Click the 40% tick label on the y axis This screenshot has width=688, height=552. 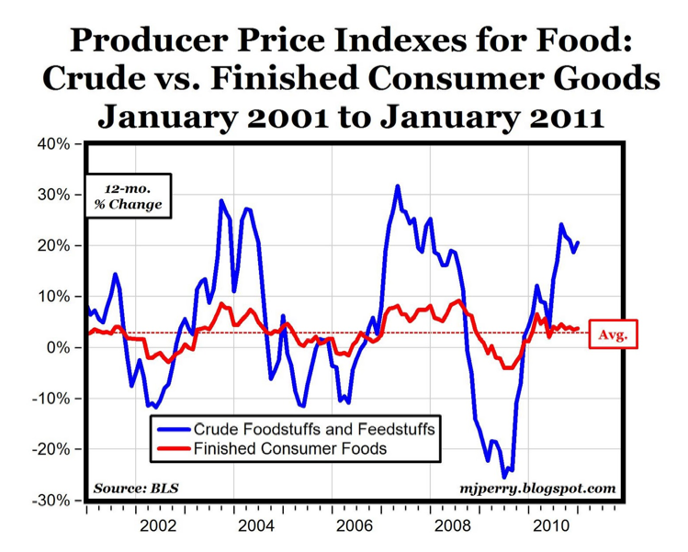[x=53, y=144]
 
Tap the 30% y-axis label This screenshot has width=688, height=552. [x=53, y=195]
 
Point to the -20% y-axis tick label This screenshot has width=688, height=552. [x=51, y=449]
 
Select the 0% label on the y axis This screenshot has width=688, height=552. [x=57, y=347]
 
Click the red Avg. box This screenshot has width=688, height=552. [x=613, y=334]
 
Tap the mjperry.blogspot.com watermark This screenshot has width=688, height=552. [x=538, y=489]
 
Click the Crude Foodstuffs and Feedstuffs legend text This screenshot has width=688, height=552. [x=315, y=429]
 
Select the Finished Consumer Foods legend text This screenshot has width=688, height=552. [x=291, y=449]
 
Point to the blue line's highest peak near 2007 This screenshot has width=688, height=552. [x=397, y=186]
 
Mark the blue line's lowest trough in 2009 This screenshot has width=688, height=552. [x=503, y=477]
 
